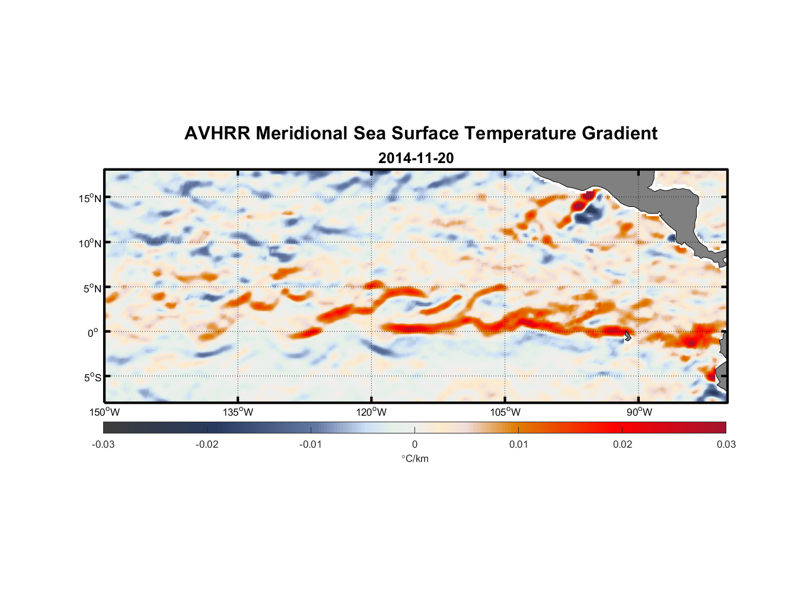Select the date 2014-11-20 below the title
point(416,158)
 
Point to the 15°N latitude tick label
point(90,198)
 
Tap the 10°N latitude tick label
point(90,243)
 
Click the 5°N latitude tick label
point(92,288)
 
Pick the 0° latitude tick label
point(93,333)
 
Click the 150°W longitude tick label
point(104,412)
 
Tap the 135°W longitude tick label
point(238,412)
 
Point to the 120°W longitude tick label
point(372,412)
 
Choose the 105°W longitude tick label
point(505,412)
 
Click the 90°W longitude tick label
point(639,412)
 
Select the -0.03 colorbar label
point(103,444)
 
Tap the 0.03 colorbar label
point(726,444)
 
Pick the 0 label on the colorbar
point(414,444)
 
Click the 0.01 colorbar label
point(518,444)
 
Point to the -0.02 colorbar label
point(207,444)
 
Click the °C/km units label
point(414,458)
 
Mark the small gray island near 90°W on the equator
point(628,336)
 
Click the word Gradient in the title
point(620,133)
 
